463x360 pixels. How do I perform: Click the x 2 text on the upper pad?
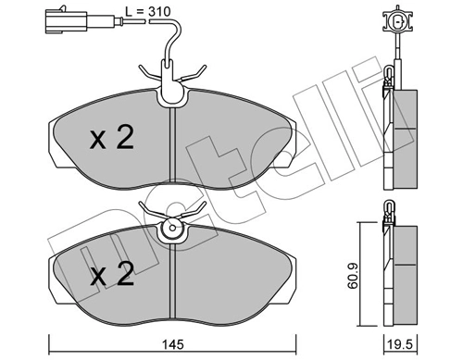pyautogui.click(x=112, y=140)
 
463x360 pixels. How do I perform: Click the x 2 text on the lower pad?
pyautogui.click(x=114, y=276)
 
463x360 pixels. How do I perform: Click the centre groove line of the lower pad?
pyautogui.click(x=172, y=273)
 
